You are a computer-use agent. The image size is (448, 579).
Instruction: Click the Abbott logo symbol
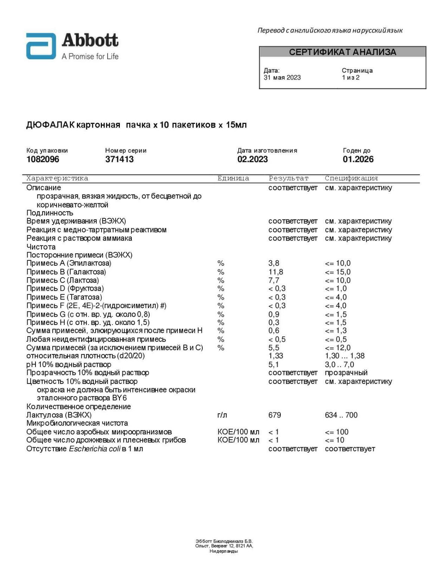[x=41, y=46]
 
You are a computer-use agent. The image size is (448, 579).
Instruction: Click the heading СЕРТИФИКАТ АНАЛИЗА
[x=342, y=52]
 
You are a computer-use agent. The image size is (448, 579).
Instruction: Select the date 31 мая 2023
[x=282, y=78]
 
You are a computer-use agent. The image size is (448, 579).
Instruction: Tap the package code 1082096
[x=43, y=159]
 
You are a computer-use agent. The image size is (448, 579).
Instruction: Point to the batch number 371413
[x=119, y=159]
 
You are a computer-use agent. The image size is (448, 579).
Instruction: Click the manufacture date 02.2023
[x=252, y=159]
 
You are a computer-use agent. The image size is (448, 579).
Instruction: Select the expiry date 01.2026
[x=358, y=159]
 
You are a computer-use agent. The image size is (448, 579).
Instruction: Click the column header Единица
[x=233, y=178]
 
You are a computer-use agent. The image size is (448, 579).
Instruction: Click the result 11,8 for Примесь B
[x=276, y=272]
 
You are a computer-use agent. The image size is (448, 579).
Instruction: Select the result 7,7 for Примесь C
[x=274, y=280]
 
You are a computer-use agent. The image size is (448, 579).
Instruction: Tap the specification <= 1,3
[x=336, y=331]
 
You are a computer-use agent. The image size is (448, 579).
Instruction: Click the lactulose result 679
[x=274, y=415]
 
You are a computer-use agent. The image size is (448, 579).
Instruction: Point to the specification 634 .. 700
[x=341, y=415]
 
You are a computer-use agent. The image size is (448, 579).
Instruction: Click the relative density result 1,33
[x=276, y=356]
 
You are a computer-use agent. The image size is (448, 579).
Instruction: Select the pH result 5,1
[x=273, y=364]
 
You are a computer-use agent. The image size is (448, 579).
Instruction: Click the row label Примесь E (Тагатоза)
[x=64, y=297]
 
